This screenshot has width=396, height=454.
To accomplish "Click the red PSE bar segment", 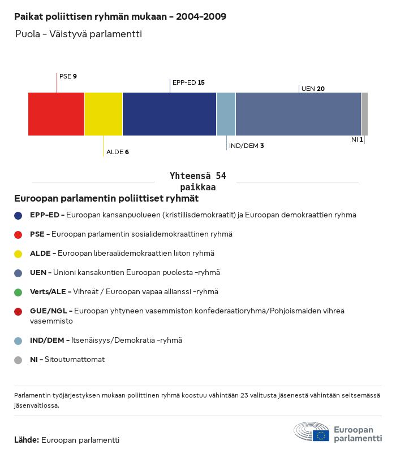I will [56, 114].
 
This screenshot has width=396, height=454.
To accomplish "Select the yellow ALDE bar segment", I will [104, 114].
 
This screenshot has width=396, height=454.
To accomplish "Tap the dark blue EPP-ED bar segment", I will [169, 114].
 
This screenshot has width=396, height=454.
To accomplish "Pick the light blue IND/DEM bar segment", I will [226, 114].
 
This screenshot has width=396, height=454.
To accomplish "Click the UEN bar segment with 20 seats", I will [298, 114].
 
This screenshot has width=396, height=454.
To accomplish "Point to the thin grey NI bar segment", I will [364, 114].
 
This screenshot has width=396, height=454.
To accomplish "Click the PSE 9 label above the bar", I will [68, 76].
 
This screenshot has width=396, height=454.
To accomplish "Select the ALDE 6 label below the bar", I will [118, 152].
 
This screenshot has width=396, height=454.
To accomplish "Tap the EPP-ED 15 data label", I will [188, 82].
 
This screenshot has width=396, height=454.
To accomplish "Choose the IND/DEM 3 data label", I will [246, 146].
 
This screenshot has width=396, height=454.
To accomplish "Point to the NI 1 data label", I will [357, 139].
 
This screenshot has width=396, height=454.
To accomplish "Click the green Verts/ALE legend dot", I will [18, 292].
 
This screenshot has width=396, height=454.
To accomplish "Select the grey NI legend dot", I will [18, 360].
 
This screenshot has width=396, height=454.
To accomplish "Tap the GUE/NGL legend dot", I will [18, 311].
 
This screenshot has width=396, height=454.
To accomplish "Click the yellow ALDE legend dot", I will [18, 254].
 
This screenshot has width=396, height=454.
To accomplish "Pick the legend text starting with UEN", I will [124, 273].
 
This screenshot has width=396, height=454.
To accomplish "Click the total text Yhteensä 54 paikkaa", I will [197, 182].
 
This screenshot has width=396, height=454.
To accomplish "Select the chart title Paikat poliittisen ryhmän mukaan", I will [120, 16].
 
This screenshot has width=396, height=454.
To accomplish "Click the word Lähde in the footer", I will [26, 440].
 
